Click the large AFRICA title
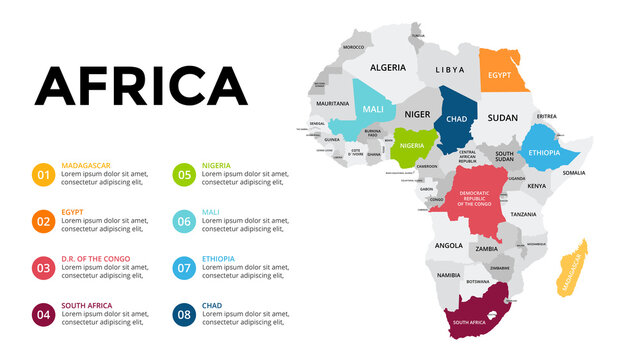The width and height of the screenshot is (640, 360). click(141, 86)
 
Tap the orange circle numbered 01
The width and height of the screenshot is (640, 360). click(43, 176)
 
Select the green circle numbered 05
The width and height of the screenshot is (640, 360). click(183, 176)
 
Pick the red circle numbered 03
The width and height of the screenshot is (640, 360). click(43, 268)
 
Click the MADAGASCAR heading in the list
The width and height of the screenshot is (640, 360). click(86, 165)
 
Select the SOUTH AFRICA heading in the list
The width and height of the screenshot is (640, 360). click(87, 305)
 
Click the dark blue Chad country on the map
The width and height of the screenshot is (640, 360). click(457, 120)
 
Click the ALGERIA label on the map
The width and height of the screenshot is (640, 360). click(388, 68)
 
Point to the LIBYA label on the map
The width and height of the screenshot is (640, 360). click(450, 69)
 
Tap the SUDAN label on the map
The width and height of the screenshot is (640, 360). click(502, 117)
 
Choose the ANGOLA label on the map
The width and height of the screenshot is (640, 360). click(448, 245)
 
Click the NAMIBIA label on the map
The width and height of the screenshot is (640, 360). click(449, 275)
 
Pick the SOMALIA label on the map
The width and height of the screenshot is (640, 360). click(574, 172)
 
